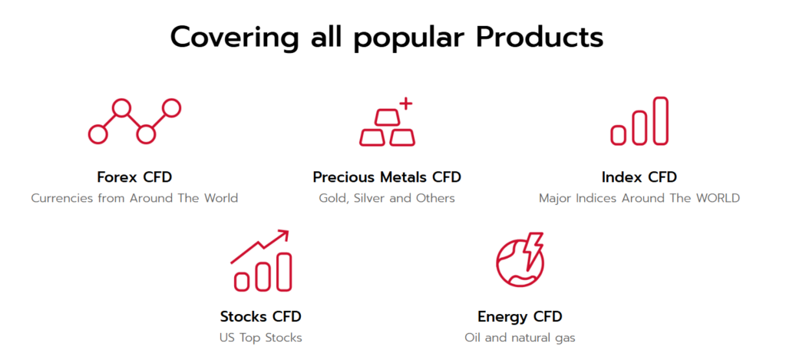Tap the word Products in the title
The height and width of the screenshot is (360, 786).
click(540, 37)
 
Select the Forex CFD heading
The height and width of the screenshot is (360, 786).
click(134, 177)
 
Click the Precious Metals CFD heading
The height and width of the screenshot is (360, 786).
click(387, 177)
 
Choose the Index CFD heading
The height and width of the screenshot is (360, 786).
click(639, 177)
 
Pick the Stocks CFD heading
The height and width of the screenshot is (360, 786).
click(261, 317)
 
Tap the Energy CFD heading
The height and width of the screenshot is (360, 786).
click(520, 317)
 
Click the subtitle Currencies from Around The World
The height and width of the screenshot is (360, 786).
click(134, 198)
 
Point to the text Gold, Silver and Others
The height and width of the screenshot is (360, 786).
click(387, 198)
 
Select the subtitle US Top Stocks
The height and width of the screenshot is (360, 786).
click(261, 338)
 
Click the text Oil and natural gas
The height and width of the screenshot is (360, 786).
click(520, 338)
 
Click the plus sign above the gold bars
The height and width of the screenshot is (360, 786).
click(406, 104)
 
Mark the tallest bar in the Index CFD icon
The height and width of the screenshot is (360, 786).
click(661, 121)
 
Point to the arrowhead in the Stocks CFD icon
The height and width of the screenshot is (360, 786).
click(283, 235)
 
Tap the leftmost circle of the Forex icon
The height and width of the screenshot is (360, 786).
click(97, 134)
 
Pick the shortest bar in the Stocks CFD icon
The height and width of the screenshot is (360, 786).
click(242, 282)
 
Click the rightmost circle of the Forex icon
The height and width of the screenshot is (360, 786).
click(171, 107)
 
